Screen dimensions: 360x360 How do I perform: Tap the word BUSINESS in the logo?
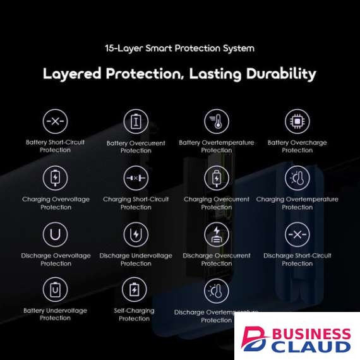311,334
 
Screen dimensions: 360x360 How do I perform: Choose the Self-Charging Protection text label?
135,315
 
